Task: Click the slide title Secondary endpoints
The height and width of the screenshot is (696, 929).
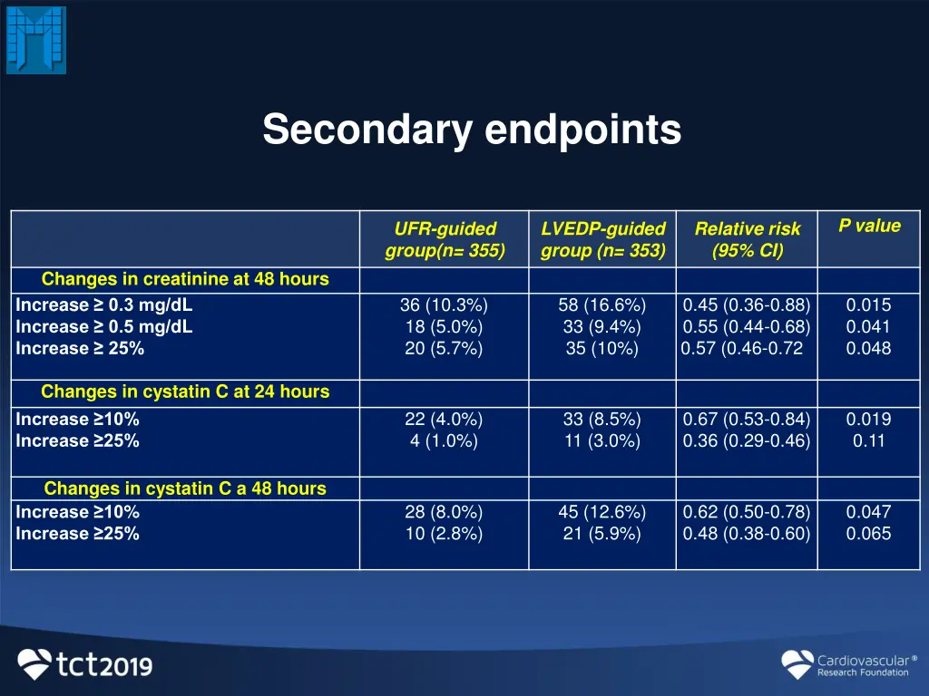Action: pos(472,130)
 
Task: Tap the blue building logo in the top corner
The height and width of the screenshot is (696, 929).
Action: pos(36,40)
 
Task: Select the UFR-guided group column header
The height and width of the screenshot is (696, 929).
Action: pos(445,240)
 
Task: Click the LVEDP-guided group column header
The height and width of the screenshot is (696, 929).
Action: pos(602,240)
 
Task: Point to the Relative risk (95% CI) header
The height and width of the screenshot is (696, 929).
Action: pos(748,240)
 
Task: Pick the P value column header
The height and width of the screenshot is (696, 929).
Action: pos(869,227)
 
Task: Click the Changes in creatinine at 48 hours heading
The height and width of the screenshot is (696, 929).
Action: pos(185,279)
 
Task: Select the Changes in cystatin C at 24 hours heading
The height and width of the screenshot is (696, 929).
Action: pos(185,392)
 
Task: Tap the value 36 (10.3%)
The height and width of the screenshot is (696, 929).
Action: pos(444,305)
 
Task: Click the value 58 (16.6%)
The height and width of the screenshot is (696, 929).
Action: pos(601,305)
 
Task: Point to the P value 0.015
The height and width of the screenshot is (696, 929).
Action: pos(868,305)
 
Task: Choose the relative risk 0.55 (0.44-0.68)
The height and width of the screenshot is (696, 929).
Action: pos(747,327)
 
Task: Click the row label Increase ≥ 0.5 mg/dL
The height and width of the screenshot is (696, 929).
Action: pos(104,327)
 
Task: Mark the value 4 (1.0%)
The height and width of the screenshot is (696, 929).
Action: pos(444,441)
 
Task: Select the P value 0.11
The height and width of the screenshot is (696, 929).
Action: pos(868,441)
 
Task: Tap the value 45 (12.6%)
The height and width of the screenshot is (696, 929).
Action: pos(601,512)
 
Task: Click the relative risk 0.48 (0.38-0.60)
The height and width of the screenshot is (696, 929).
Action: pos(747,534)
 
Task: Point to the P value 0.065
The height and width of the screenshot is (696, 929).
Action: pos(868,534)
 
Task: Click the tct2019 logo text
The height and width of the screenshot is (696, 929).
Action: pos(105,666)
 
